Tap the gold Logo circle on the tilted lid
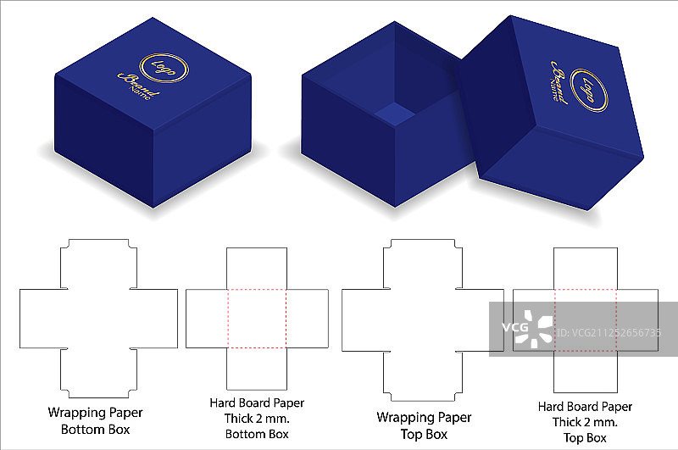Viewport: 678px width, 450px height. [590, 86]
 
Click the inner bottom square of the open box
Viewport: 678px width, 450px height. [392, 114]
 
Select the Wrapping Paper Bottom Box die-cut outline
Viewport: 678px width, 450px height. [97, 318]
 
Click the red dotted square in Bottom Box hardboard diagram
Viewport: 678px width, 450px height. [257, 318]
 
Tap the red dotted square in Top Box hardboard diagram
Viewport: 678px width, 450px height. [586, 319]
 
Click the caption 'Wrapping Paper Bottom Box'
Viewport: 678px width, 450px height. [95, 420]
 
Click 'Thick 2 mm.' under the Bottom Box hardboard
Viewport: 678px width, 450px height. [257, 419]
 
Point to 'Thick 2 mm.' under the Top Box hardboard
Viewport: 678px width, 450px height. [585, 422]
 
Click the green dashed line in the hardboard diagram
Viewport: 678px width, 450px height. [287, 318]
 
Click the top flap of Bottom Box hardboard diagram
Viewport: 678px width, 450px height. [257, 269]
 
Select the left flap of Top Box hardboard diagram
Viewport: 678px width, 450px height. [534, 319]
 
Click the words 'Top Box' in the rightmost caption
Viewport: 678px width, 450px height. [585, 438]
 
